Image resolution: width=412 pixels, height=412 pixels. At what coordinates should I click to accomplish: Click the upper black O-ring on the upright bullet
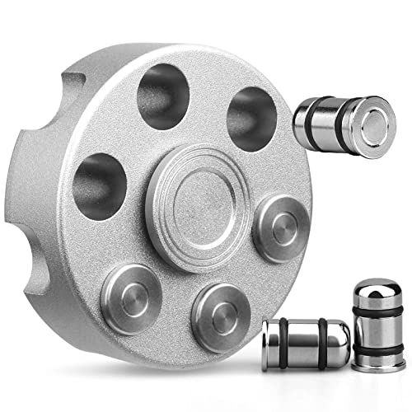(x=377, y=308)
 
